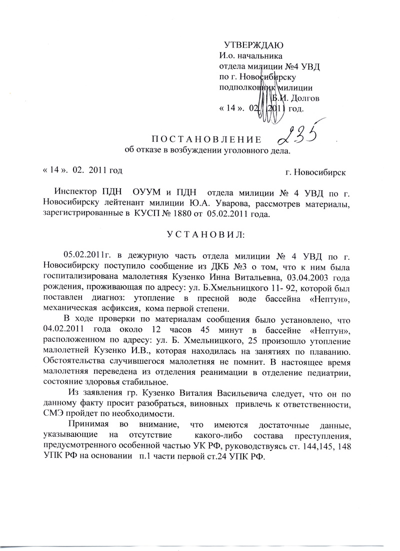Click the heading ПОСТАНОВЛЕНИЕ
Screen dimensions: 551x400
click(x=206, y=139)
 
